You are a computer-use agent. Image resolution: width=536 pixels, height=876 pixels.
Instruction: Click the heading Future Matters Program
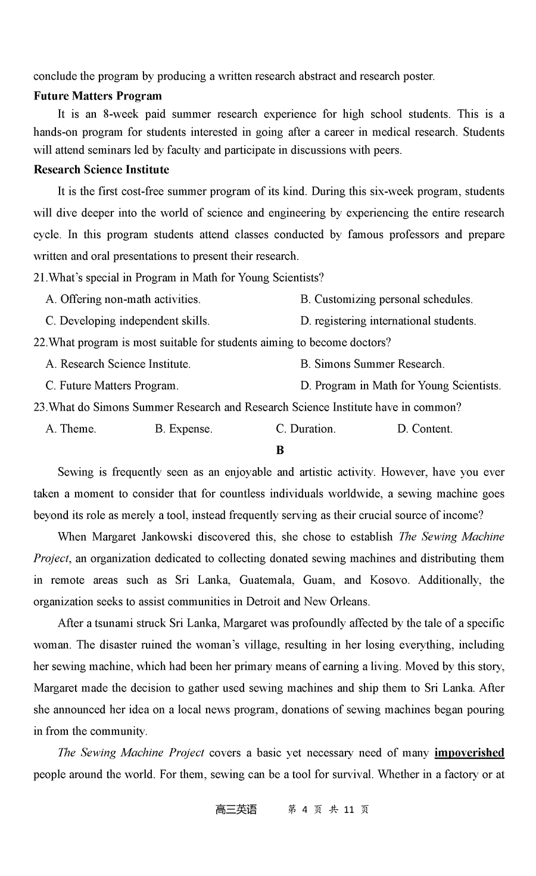[x=98, y=96]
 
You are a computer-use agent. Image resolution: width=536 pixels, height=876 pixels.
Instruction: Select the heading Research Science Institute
[x=101, y=170]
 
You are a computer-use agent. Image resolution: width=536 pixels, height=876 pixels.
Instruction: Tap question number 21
[x=40, y=277]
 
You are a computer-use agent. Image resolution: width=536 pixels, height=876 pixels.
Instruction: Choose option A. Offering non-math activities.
[x=123, y=299]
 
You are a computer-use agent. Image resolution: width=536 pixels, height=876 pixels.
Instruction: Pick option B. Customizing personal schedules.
[x=386, y=299]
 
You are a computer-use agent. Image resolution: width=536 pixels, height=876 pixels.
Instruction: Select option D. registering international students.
[x=388, y=321]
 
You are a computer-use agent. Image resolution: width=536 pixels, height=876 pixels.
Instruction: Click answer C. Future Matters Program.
[x=112, y=386]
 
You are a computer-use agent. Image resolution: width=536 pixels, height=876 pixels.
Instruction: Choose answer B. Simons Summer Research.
[x=372, y=364]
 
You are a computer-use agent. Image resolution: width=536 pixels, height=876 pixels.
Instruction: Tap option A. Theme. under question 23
[x=70, y=428]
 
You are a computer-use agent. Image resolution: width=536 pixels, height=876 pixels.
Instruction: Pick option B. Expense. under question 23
[x=183, y=428]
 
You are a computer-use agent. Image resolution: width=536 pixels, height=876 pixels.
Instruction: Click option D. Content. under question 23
[x=425, y=428]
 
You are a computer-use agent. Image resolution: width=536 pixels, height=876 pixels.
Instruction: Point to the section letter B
[x=281, y=450]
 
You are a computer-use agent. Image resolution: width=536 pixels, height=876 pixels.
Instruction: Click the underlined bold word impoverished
[x=469, y=753]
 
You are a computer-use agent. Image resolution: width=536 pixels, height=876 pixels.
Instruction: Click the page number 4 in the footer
[x=304, y=809]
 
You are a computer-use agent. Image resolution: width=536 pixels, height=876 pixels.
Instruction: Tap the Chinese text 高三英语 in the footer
[x=236, y=809]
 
